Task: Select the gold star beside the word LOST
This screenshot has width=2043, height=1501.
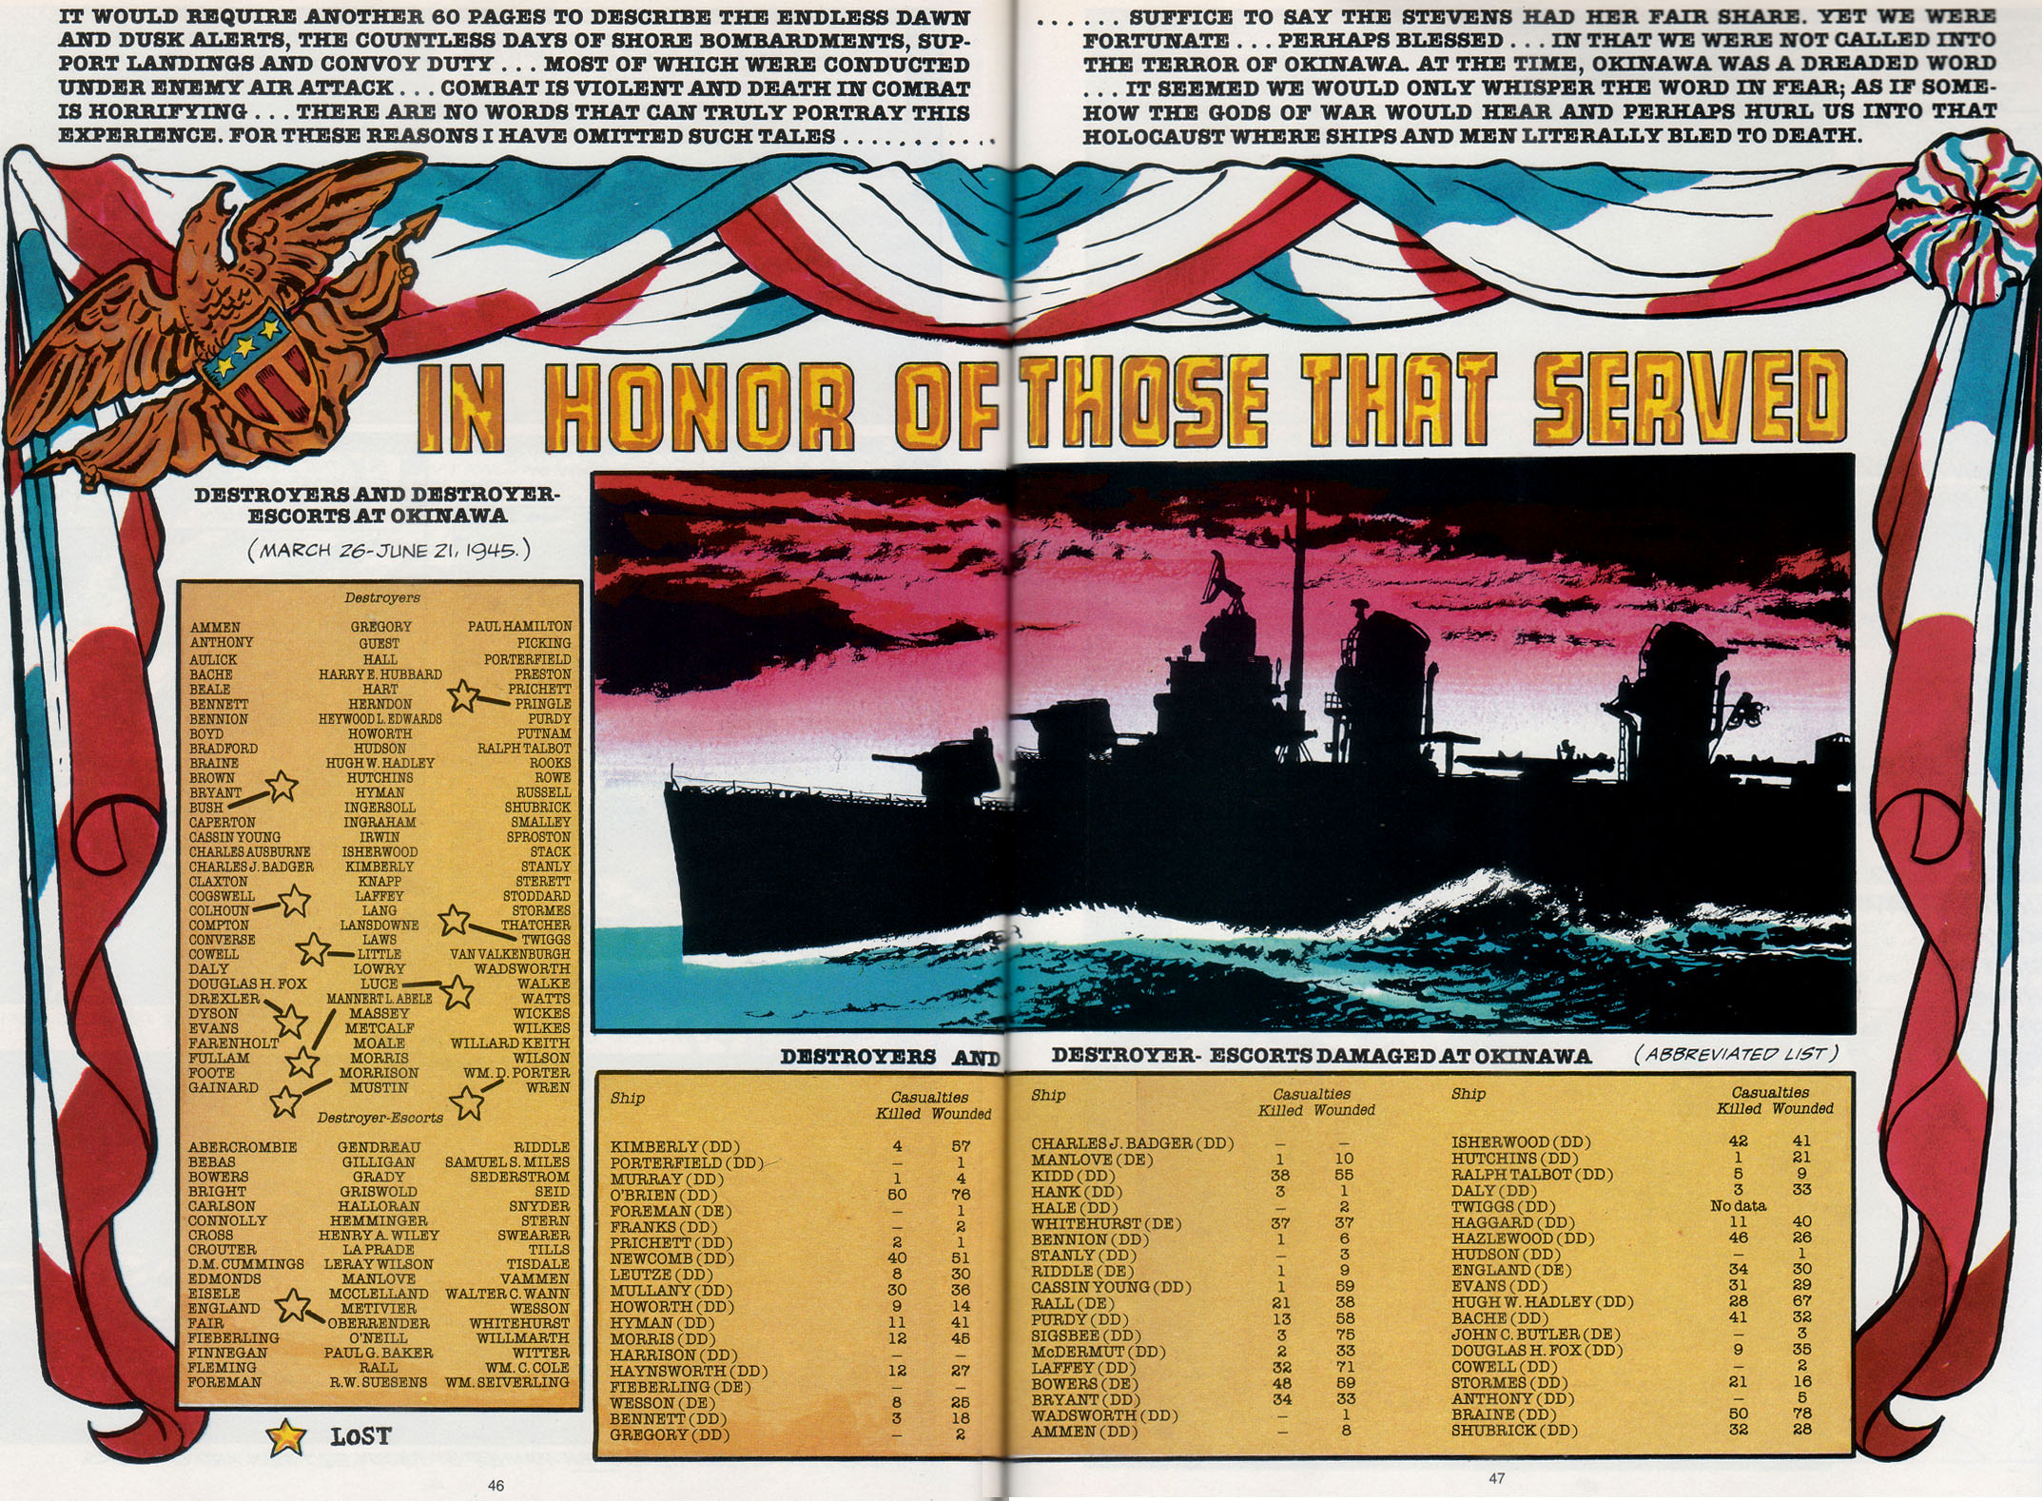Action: tap(285, 1437)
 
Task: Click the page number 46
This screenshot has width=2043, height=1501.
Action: tap(496, 1485)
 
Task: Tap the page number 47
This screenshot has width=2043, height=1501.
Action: tap(1497, 1477)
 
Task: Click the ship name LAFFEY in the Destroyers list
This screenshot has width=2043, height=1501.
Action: tap(379, 896)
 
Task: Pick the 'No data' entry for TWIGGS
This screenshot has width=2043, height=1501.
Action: tap(1738, 1206)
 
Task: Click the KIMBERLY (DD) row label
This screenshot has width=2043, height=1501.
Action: tap(674, 1147)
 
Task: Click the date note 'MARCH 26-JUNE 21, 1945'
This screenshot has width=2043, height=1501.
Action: tap(388, 551)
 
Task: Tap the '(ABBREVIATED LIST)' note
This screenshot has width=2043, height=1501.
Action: tap(1737, 1053)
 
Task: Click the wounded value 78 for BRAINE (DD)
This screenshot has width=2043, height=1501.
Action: tap(1800, 1414)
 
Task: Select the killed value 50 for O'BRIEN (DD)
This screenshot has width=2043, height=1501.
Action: tap(896, 1195)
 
